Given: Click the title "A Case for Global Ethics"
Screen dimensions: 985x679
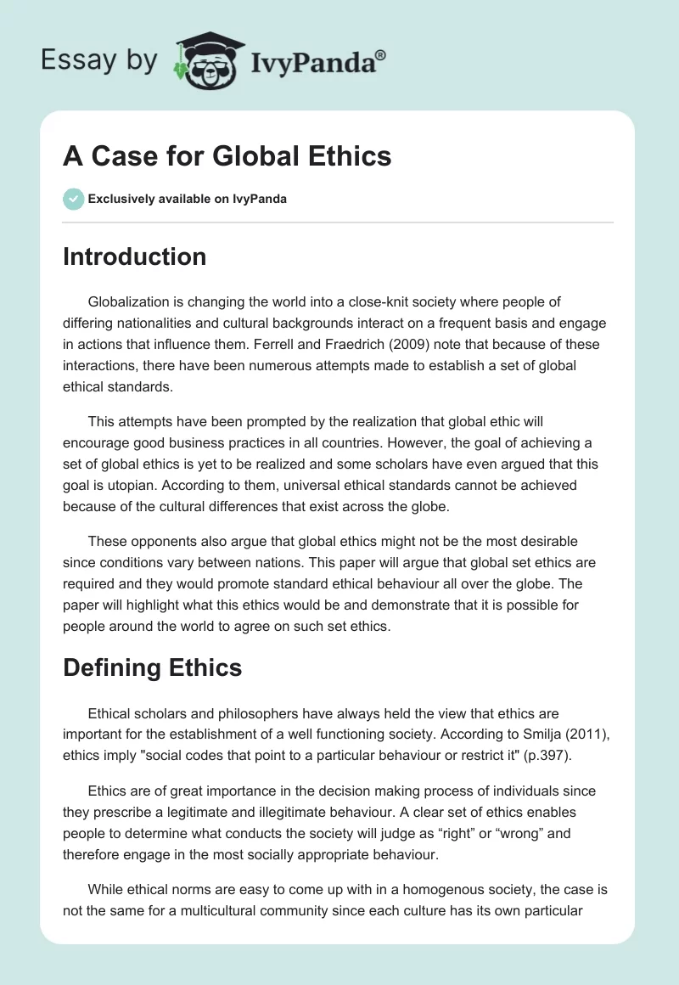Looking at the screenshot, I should (227, 156).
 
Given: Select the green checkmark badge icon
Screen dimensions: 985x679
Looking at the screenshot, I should (73, 199).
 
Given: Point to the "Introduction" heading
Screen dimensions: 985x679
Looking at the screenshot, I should (134, 256).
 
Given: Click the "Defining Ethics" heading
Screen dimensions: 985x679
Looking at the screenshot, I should (153, 667).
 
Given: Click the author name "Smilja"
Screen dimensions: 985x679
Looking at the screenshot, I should (500, 735).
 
